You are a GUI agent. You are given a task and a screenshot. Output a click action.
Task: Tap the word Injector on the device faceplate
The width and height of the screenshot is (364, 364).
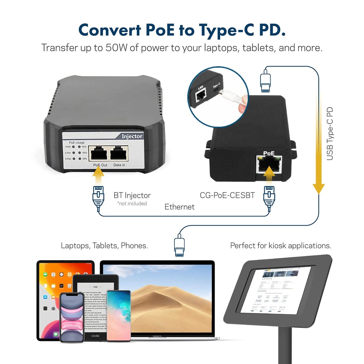(x=132, y=136)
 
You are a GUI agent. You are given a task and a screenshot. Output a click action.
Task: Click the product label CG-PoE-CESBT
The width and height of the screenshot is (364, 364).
(x=227, y=195)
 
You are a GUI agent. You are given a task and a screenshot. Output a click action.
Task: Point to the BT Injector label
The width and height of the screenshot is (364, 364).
(x=132, y=195)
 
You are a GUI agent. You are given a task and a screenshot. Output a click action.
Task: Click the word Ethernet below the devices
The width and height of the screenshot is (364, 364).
(x=179, y=207)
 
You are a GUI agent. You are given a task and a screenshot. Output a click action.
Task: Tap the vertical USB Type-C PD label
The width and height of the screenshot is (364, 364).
(x=330, y=134)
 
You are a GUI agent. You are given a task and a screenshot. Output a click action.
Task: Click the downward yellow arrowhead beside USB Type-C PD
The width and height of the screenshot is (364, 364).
(x=318, y=188)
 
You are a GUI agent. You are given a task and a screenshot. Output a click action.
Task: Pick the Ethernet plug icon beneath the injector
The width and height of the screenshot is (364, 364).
(x=98, y=198)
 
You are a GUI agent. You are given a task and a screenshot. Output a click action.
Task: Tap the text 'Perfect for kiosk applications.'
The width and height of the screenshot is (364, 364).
(x=281, y=246)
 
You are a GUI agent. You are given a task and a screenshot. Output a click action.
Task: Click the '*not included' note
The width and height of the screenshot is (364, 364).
(x=132, y=204)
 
